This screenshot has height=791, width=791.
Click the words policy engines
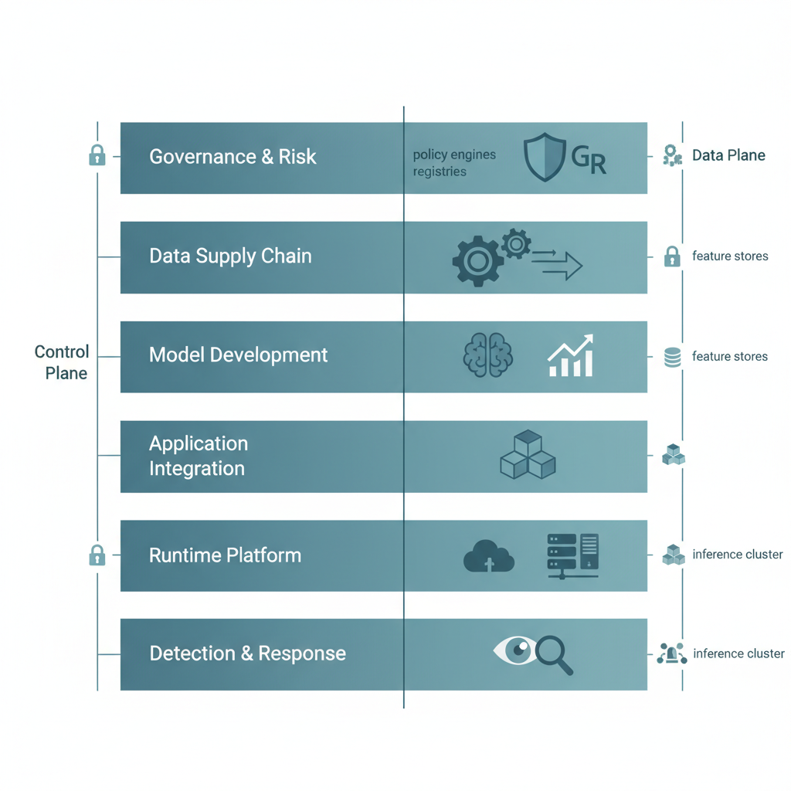pos(454,154)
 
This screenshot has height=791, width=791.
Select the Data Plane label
pos(728,155)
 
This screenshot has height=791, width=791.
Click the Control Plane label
pos(63,362)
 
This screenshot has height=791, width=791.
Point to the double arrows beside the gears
pos(556,263)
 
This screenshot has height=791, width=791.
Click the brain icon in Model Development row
pos(487,356)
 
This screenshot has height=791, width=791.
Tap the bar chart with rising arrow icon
pos(570,356)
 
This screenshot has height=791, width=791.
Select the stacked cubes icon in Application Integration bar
pos(528,456)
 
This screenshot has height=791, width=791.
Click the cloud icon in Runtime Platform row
pos(489,556)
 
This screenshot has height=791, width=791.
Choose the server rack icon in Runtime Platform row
pos(572,555)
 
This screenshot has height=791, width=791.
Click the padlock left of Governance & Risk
pos(97,155)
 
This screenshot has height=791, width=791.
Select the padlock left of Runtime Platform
pos(97,555)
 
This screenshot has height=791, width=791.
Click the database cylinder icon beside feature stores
pos(672,357)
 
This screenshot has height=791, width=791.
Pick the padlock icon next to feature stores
pos(672,256)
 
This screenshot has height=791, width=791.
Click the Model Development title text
pos(238,355)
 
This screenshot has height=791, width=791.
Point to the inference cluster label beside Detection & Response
pos(738,654)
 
